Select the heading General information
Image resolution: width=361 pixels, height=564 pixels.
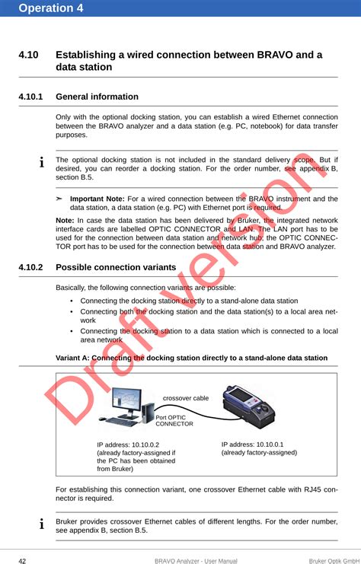pyautogui.click(x=97, y=97)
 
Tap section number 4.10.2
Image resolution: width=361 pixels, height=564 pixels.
pyautogui.click(x=35, y=267)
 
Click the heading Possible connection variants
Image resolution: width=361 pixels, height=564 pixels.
pyautogui.click(x=116, y=267)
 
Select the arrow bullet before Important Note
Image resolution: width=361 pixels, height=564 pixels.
pyautogui.click(x=59, y=199)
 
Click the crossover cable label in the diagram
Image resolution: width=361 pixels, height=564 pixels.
pyautogui.click(x=186, y=398)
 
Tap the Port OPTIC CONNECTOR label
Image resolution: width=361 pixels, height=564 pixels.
pyautogui.click(x=174, y=421)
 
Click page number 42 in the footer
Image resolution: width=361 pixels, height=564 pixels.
pyautogui.click(x=23, y=561)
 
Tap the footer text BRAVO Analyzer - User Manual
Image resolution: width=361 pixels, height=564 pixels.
pyautogui.click(x=196, y=561)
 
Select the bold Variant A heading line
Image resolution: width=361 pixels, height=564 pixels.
pyautogui.click(x=192, y=358)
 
